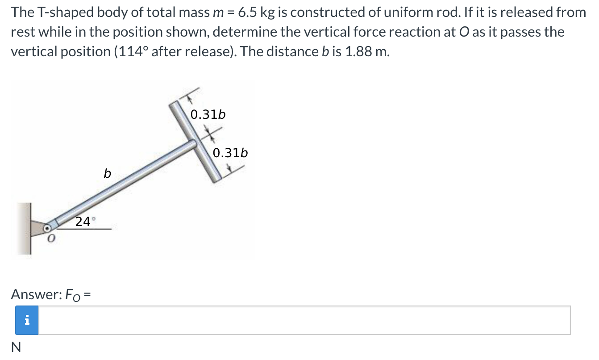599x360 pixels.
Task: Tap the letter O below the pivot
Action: point(51,240)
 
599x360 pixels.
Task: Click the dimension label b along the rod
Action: point(107,173)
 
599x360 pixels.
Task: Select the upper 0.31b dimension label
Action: point(208,115)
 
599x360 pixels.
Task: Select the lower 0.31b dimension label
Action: point(230,153)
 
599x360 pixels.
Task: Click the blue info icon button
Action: point(27,320)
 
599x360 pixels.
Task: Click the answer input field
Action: point(304,320)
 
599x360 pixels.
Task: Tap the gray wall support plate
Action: point(25,228)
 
